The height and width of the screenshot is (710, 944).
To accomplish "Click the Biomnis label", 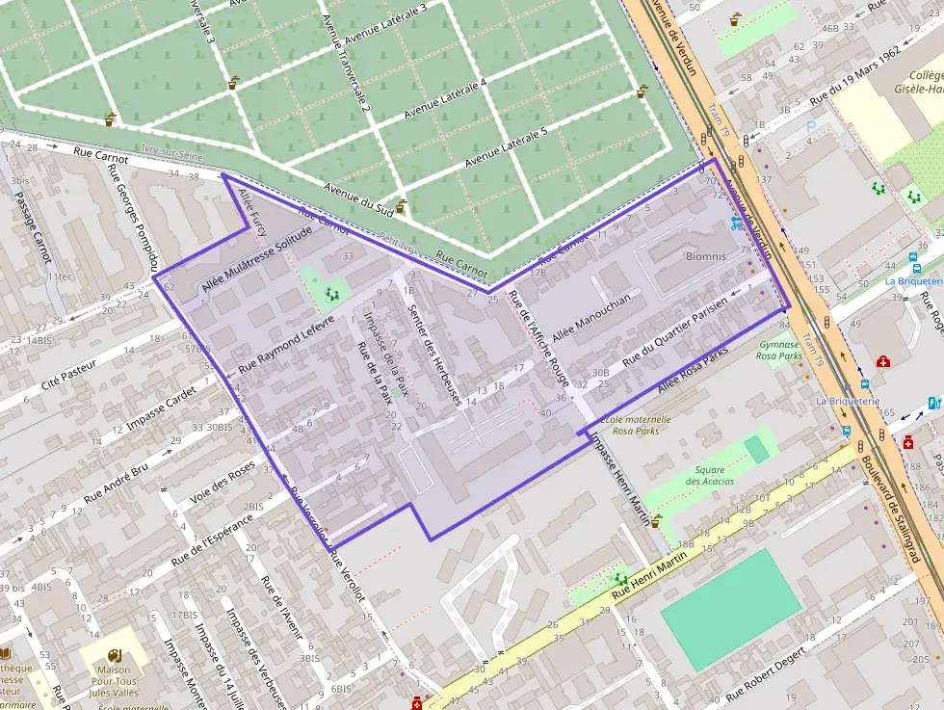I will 705,257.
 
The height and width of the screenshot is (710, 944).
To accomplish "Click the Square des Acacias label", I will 710,475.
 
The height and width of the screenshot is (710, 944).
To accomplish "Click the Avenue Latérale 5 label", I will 507,146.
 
